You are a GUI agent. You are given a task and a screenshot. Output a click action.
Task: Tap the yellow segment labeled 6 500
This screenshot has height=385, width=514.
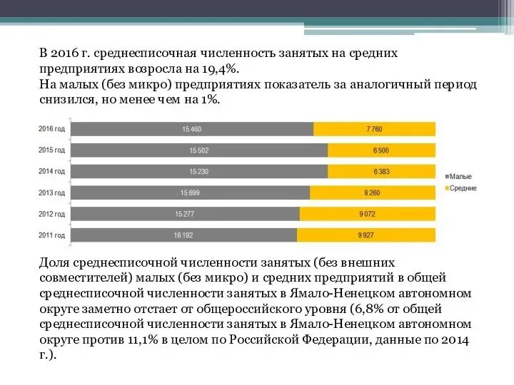[x=381, y=150]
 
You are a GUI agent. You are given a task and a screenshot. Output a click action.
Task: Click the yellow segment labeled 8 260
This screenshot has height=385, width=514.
[x=372, y=192]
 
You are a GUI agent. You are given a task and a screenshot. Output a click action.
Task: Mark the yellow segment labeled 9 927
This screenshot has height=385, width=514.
[x=366, y=235]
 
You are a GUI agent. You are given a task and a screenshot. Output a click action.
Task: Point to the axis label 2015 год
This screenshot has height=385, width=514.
[x=51, y=150]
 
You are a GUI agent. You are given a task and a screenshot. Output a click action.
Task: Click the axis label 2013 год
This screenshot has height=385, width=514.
[x=51, y=192]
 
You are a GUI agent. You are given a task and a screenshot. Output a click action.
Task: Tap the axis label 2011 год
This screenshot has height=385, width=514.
[x=51, y=235]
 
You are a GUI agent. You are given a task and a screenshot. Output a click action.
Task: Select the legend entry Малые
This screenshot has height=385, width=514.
[x=460, y=177]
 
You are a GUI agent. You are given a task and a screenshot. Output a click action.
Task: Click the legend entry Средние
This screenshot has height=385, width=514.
[x=463, y=188]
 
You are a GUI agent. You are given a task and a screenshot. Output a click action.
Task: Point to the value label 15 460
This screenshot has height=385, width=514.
[x=192, y=129]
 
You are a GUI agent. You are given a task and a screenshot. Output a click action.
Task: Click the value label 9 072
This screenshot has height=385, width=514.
[x=367, y=214]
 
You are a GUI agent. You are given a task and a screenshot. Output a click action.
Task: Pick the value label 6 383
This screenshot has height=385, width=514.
[x=381, y=171]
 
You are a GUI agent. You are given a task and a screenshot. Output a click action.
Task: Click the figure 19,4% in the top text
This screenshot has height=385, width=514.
[x=220, y=68]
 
